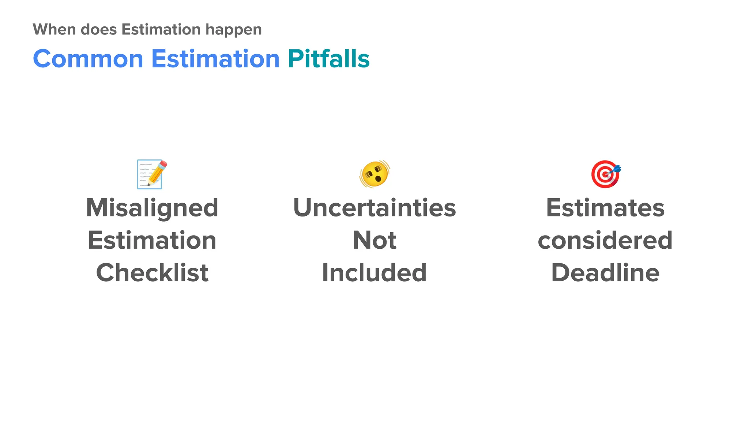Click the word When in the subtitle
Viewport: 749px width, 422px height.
pos(54,30)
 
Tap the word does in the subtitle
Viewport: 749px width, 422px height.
pos(98,30)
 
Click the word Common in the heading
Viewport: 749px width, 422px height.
pos(88,59)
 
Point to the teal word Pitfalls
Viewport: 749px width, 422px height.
pos(329,59)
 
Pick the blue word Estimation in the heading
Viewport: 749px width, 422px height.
pos(215,59)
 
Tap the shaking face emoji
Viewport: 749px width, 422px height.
pos(374,174)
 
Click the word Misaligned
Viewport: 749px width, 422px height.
pos(152,208)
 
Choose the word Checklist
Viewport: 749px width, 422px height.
pos(152,273)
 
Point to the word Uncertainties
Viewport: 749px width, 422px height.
pos(374,208)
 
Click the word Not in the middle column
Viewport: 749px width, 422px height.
pos(374,241)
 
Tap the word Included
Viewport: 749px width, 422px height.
pos(374,273)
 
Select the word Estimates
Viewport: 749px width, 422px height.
pos(605,208)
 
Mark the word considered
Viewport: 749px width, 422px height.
pos(605,241)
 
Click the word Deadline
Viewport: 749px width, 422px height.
pos(605,273)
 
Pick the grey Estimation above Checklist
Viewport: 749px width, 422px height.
pos(152,241)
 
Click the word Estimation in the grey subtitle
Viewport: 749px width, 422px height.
pos(161,30)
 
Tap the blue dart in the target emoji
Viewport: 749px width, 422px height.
pos(616,169)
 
